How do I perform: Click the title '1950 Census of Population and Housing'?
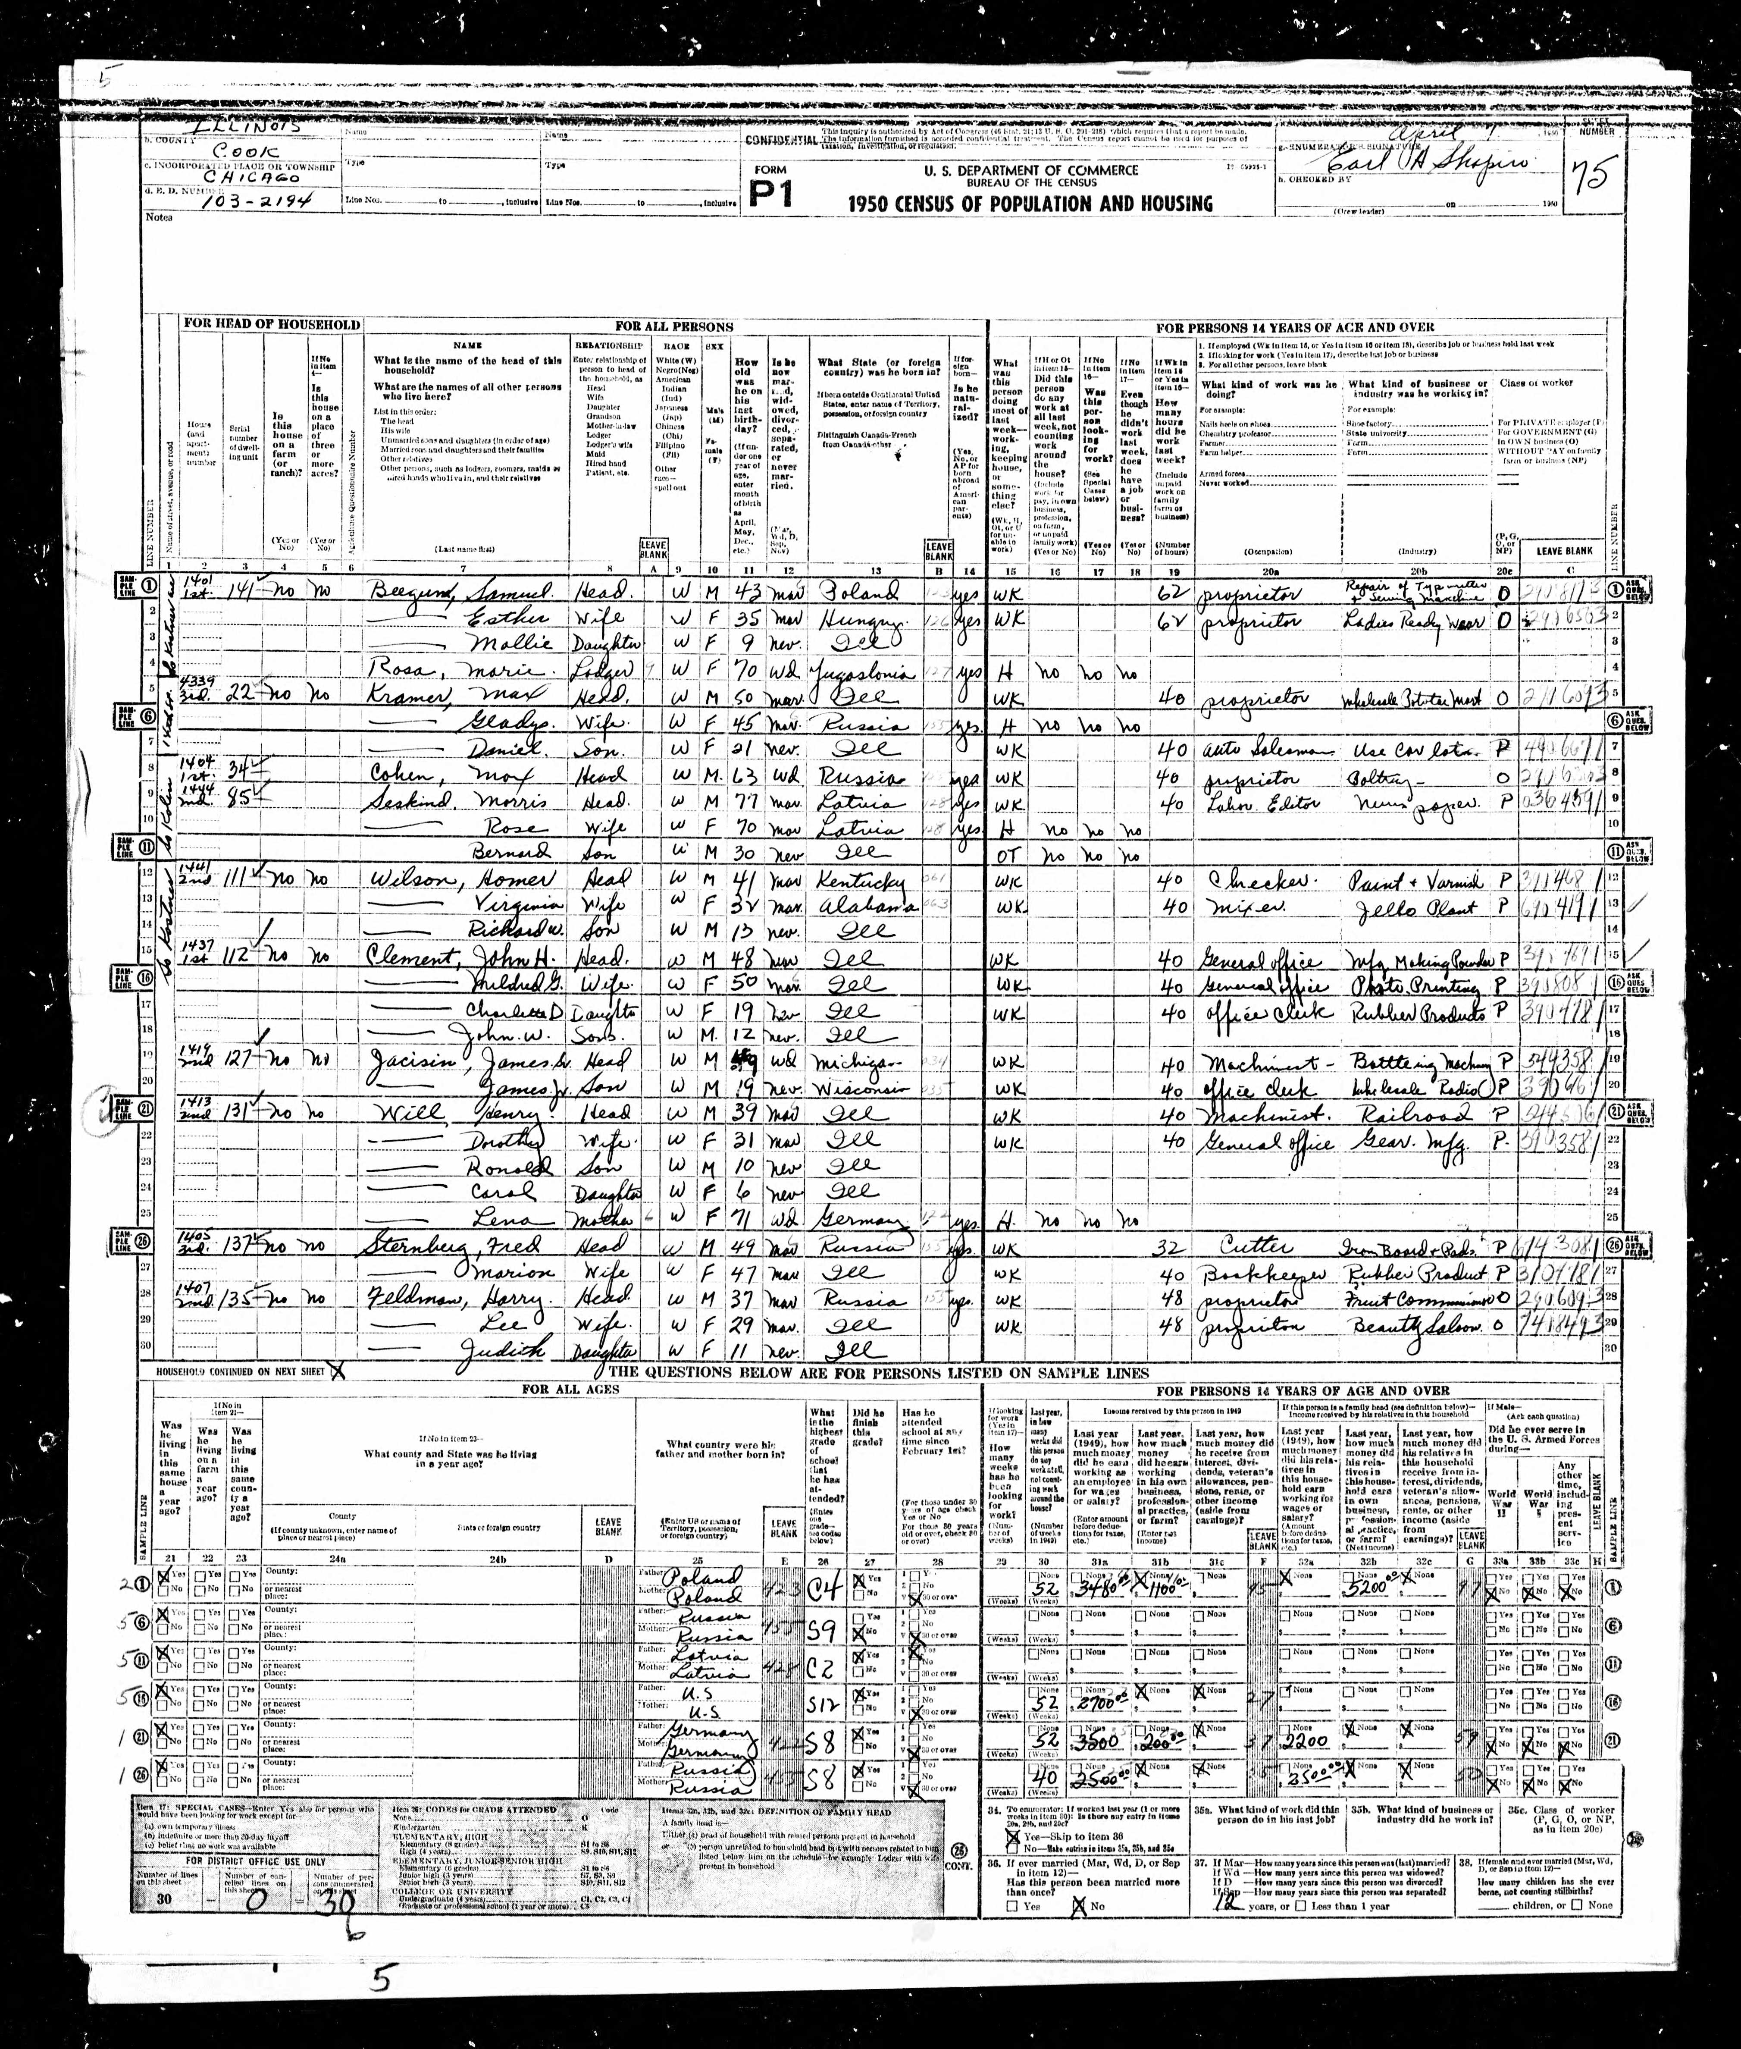click(x=1030, y=203)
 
